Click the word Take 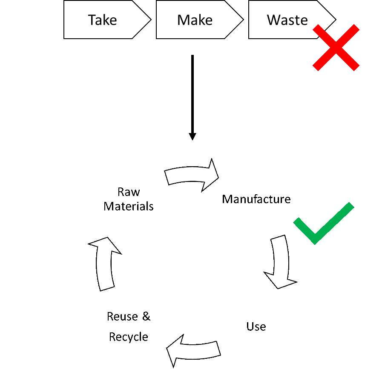click(102, 20)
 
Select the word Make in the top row click(195, 20)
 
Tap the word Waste click(287, 20)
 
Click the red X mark click(336, 48)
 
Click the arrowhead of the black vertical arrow click(192, 137)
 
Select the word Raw click(129, 192)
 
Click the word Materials click(129, 206)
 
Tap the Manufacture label click(256, 199)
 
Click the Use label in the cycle click(256, 326)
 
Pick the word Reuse click(122, 316)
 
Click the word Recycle click(129, 337)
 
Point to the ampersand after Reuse click(147, 316)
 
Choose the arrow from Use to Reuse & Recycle click(193, 351)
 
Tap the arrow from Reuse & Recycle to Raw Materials click(104, 264)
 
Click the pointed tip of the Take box click(151, 20)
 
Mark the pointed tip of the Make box click(244, 20)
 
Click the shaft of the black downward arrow click(192, 94)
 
